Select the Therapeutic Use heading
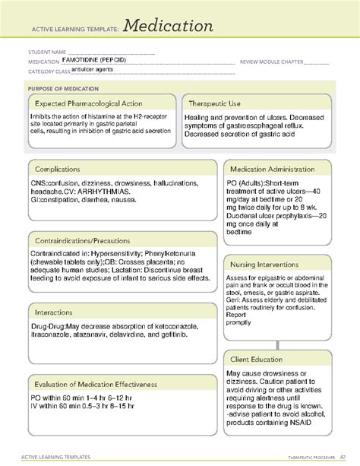[221, 103]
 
